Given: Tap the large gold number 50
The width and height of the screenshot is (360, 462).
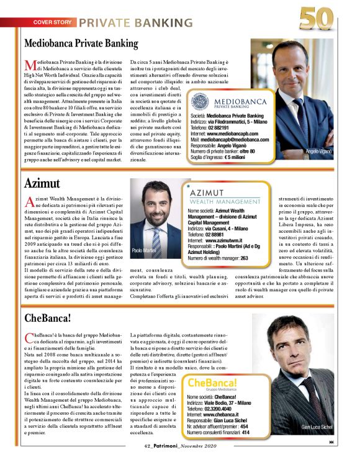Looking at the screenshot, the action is tap(318, 18).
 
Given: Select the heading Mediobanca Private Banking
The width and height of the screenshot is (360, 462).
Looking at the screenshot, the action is tap(81, 43).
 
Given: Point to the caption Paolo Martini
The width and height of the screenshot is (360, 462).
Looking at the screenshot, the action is tap(143, 250).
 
